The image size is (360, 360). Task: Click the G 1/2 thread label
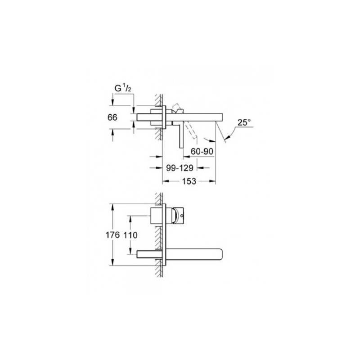[123, 88]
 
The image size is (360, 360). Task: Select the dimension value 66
[112, 117]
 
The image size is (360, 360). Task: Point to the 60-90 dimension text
[202, 152]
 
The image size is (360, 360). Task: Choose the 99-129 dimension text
[180, 168]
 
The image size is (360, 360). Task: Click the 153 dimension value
[189, 181]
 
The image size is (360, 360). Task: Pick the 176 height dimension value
[112, 235]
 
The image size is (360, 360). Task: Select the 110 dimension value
[130, 235]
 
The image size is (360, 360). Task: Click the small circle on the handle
[182, 216]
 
